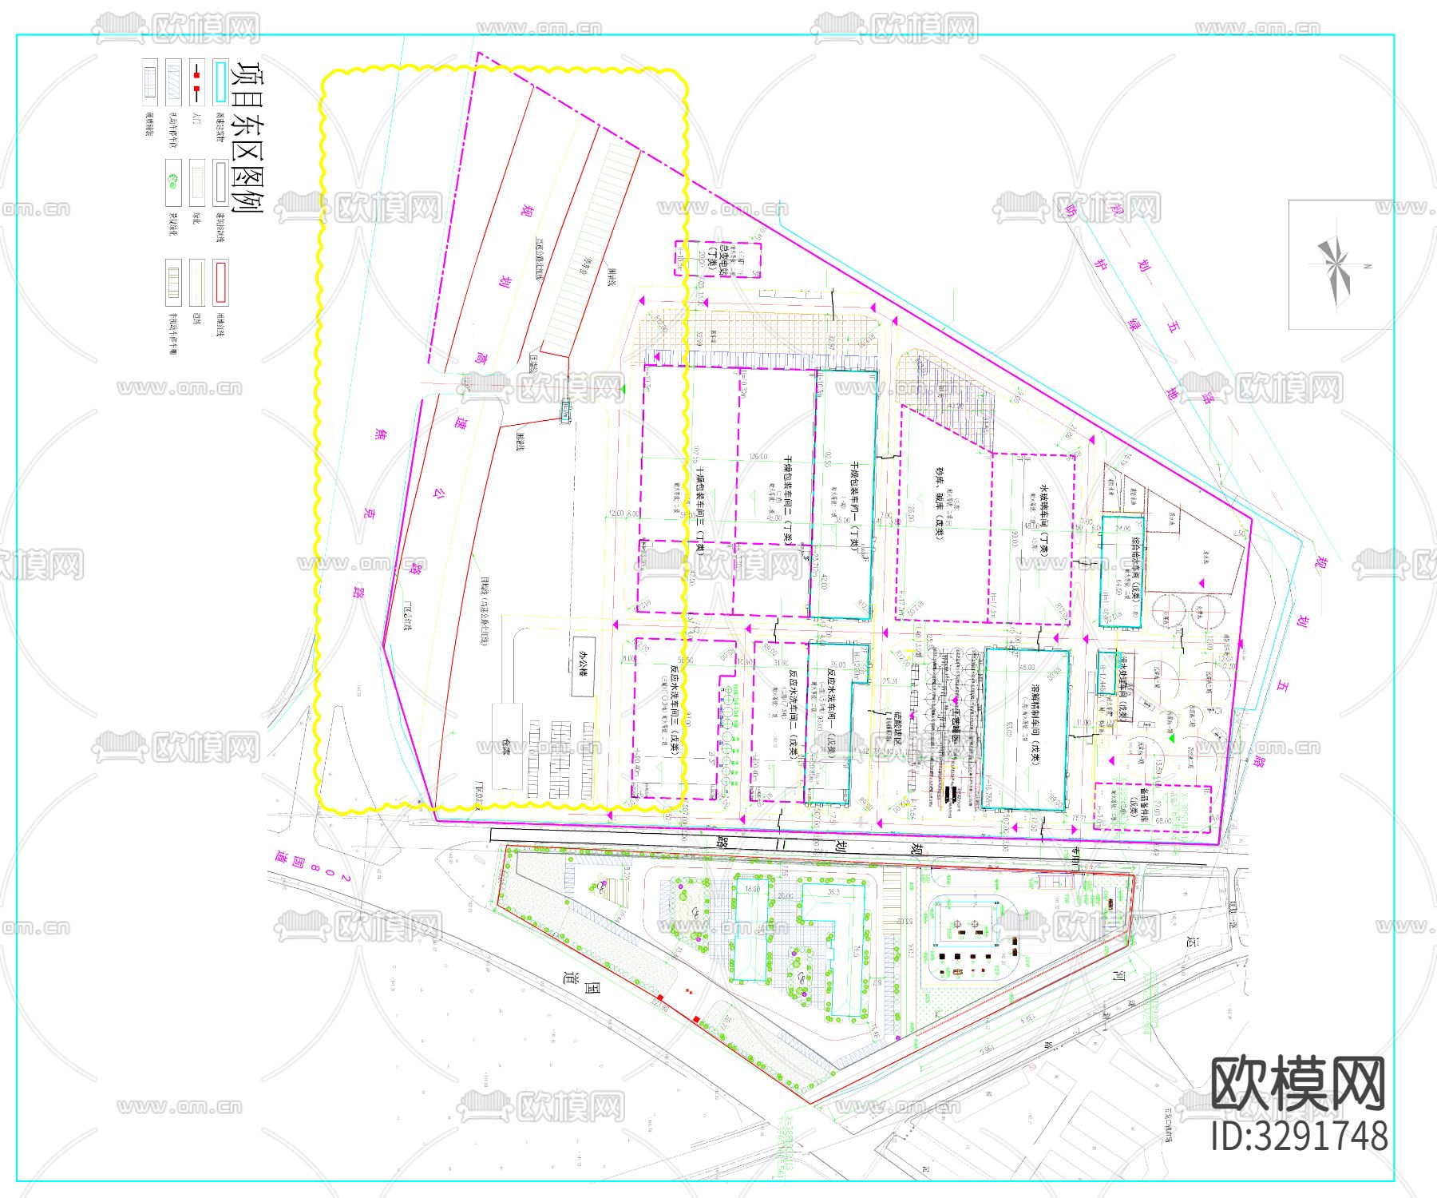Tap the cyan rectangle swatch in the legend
pos(220,81)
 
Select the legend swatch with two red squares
pos(196,81)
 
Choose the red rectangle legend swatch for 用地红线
pos(220,281)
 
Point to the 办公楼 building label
pos(584,668)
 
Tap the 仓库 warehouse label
pos(506,748)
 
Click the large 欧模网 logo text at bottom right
pos(1298,1085)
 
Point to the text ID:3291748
pos(1300,1136)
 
